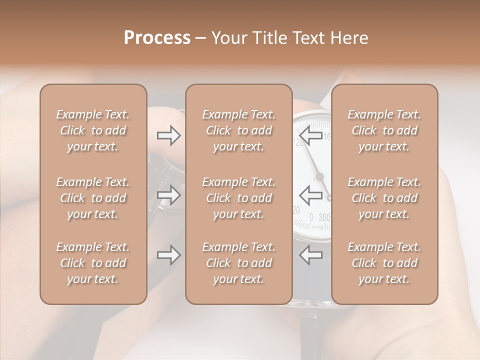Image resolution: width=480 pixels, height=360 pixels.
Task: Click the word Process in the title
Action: point(157,38)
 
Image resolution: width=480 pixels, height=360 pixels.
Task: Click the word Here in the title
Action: point(349,38)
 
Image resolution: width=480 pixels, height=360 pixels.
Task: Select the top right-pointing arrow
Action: point(169,135)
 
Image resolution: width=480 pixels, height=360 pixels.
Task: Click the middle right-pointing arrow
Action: point(169,195)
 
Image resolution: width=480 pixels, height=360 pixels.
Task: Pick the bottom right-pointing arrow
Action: point(169,255)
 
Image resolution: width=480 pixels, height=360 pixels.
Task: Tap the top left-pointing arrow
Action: point(310,135)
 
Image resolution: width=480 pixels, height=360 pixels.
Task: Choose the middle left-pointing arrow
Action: point(310,195)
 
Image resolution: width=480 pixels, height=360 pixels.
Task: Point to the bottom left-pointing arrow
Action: point(310,255)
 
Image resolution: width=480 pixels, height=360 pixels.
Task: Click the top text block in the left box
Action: point(93,130)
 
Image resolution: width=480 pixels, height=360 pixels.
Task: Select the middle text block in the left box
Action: point(93,198)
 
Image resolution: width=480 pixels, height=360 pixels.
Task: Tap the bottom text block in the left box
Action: point(93,263)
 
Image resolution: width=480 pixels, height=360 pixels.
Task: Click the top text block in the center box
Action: point(239,130)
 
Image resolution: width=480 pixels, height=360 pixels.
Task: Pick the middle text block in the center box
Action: point(239,198)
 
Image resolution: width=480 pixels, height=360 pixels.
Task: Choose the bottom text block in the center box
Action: point(239,263)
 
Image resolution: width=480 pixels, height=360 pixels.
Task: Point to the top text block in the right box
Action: point(384,130)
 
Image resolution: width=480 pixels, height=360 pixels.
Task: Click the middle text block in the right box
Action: point(384,198)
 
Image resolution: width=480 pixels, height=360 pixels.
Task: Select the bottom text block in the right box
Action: point(384,263)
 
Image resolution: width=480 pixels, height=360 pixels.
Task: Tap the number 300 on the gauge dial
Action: point(324,217)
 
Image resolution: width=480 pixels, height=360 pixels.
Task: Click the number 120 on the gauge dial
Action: point(298,143)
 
